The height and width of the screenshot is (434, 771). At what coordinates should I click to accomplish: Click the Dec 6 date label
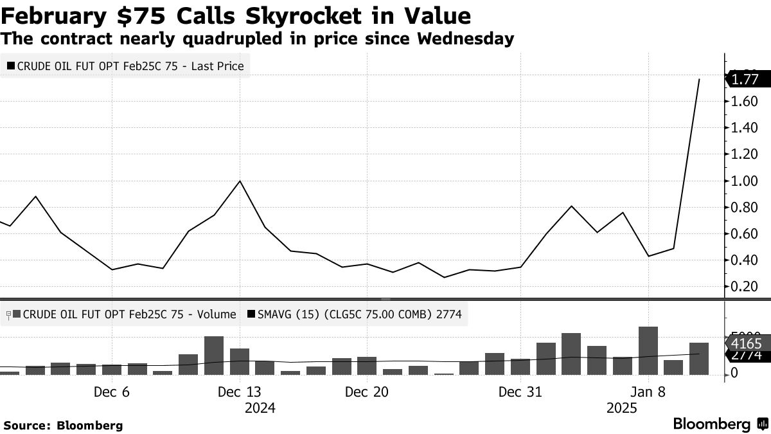(x=112, y=392)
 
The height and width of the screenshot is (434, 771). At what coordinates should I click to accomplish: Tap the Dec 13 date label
(x=240, y=392)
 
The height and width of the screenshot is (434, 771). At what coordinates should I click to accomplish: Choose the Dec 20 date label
(x=367, y=392)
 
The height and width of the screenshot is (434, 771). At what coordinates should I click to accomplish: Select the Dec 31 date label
(x=520, y=392)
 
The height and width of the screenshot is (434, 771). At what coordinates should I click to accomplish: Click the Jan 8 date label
(x=648, y=392)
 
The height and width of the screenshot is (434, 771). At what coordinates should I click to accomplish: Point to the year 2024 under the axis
(x=260, y=408)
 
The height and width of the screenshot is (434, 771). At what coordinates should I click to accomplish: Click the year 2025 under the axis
(x=622, y=408)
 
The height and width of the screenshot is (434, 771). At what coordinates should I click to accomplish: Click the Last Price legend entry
(x=127, y=66)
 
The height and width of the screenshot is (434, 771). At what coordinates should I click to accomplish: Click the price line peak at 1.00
(x=240, y=181)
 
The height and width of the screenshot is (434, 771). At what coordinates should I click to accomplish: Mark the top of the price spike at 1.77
(x=699, y=80)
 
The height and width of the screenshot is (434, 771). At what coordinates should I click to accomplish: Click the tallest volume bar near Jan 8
(x=648, y=350)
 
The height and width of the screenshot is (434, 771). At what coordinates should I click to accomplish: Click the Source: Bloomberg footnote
(x=63, y=425)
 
